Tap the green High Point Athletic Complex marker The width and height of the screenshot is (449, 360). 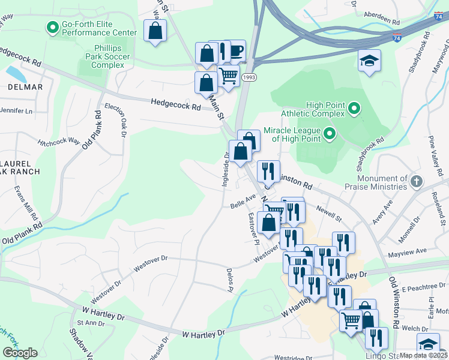(354, 109)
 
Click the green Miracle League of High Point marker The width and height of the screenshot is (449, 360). (329, 133)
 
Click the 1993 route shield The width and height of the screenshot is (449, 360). (249, 78)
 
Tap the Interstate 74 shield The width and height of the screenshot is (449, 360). (438, 17)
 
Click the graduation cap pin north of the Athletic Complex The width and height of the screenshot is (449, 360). (369, 60)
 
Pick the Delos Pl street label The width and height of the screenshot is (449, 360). (229, 280)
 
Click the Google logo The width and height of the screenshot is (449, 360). (20, 353)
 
